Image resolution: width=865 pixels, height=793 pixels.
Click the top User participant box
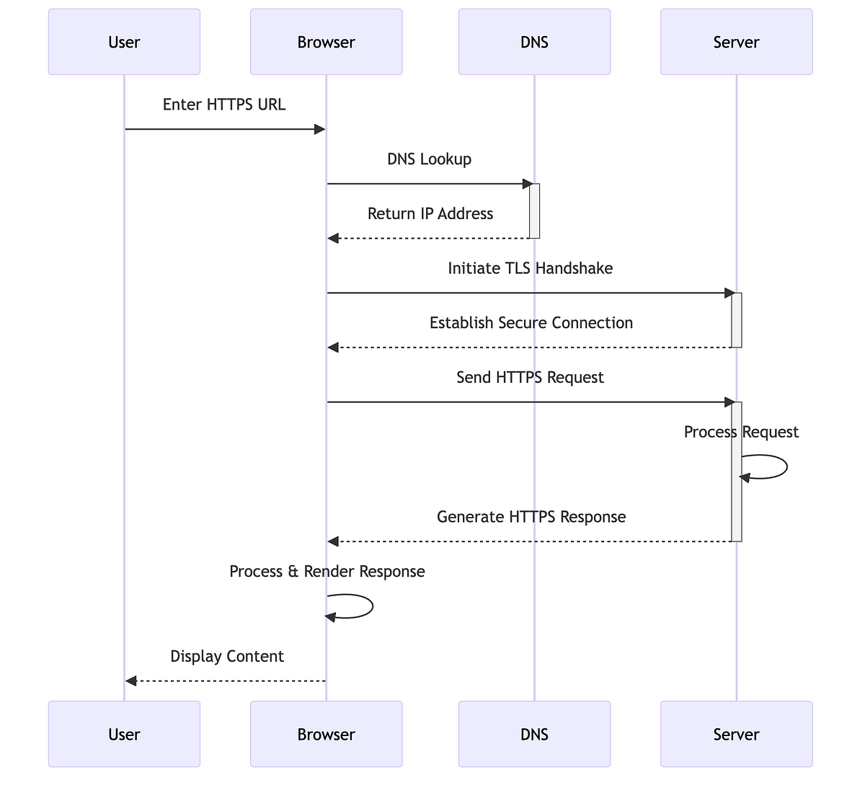coord(124,42)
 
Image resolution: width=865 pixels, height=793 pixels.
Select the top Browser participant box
coord(326,42)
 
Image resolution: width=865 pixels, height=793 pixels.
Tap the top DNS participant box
coord(534,42)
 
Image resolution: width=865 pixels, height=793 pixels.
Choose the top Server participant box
coord(736,42)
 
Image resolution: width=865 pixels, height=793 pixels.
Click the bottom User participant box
coord(124,734)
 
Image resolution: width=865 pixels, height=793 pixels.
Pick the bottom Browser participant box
coord(326,734)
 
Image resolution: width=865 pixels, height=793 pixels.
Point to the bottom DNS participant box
coord(534,734)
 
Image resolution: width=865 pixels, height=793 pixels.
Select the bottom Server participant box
coord(736,734)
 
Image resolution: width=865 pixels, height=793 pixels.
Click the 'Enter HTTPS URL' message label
coord(224,105)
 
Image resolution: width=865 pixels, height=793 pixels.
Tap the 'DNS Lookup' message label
coord(429,159)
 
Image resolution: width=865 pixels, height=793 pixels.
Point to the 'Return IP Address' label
coord(430,214)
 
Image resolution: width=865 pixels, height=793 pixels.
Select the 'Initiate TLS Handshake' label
coord(531,269)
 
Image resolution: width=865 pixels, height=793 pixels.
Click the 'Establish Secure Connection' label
coord(531,323)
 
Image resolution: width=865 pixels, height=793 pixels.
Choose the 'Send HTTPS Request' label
coord(530,378)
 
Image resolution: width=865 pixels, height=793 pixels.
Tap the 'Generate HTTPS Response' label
coord(531,517)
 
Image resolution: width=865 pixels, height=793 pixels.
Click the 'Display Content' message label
coord(227,657)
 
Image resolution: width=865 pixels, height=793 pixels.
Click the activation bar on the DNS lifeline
coord(534,211)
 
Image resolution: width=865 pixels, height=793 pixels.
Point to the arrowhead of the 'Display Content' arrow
coord(130,681)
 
